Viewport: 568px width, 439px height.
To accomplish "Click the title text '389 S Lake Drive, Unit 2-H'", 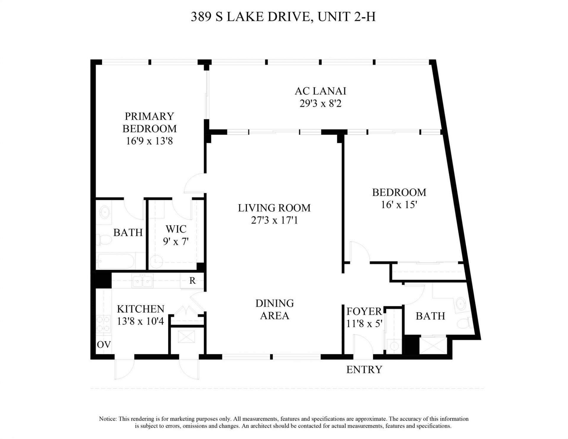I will click(283, 17).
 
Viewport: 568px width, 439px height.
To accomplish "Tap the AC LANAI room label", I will click(320, 91).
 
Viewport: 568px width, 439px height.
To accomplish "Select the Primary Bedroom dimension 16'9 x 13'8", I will click(149, 141).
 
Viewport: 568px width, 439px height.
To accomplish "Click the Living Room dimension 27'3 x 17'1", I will click(274, 221).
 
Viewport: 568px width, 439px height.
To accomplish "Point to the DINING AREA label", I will click(275, 309).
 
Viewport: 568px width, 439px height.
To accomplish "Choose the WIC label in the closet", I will click(176, 229).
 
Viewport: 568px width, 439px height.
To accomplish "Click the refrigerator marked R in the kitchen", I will click(192, 281).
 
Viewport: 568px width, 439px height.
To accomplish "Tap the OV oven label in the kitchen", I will click(104, 345).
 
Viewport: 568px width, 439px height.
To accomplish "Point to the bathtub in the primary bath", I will click(117, 261).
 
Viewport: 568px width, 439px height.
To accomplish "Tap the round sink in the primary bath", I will click(104, 212).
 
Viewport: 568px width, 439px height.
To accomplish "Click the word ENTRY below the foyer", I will click(364, 370).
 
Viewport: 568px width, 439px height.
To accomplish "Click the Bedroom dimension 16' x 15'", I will click(399, 205).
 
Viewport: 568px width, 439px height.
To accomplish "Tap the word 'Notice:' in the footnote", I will click(108, 419).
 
